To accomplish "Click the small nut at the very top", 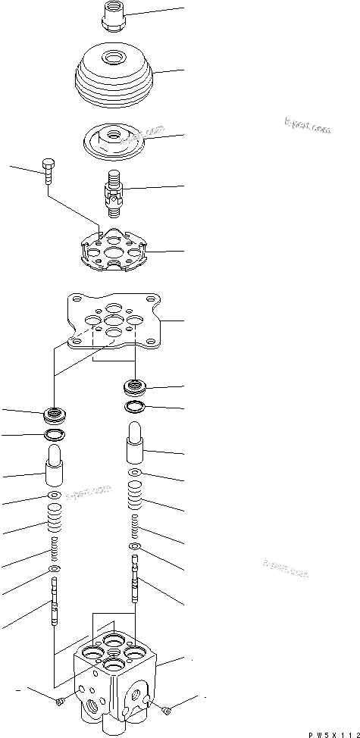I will pos(113,17).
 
